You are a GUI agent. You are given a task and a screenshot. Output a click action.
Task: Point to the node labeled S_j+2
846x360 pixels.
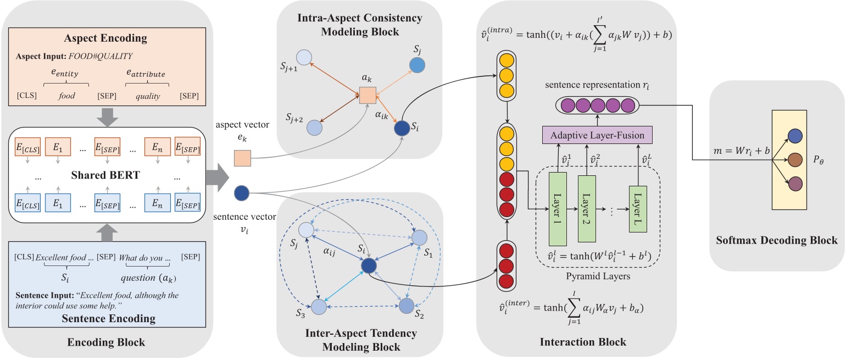(x=314, y=127)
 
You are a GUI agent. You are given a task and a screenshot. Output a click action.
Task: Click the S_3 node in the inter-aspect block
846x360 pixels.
(x=319, y=307)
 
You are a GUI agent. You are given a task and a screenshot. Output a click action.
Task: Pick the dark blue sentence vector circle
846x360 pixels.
(x=242, y=193)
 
